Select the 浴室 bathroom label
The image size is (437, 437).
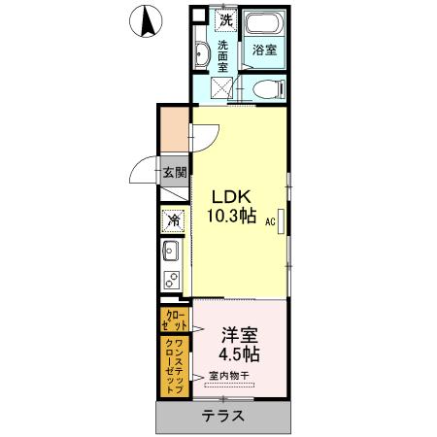(x=264, y=50)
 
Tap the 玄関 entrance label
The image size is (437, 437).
(x=176, y=174)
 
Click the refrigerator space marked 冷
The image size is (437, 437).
(x=176, y=220)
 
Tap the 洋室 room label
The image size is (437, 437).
(x=239, y=333)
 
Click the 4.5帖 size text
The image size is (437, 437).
(x=238, y=355)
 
